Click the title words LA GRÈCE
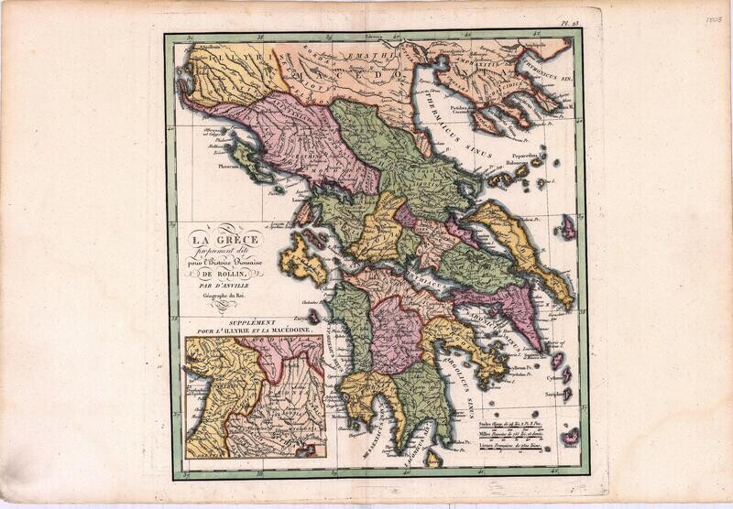click(x=226, y=241)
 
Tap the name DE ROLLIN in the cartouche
click(x=225, y=273)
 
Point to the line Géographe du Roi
click(x=225, y=296)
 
